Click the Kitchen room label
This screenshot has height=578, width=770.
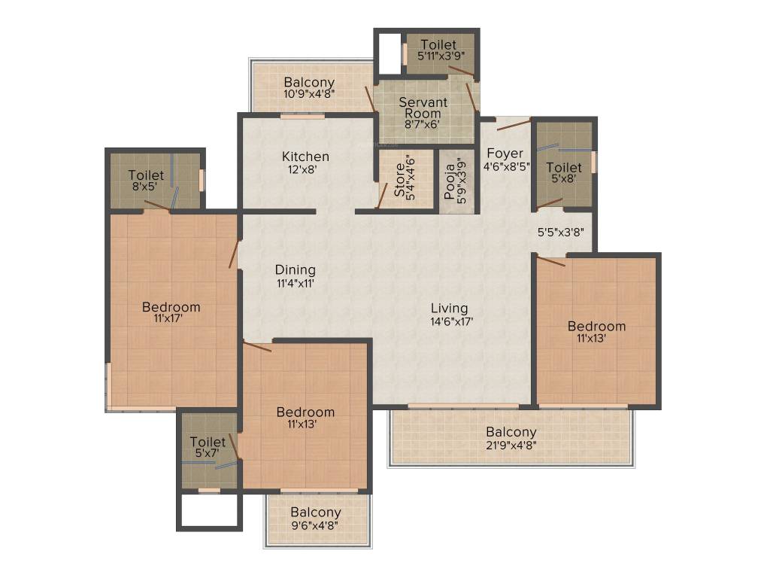point(305,157)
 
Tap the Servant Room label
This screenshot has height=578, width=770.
point(423,108)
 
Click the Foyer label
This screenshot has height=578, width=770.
point(505,154)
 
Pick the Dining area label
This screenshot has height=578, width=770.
point(295,269)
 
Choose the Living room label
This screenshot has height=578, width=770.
point(449,308)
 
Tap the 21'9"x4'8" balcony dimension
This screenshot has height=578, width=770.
point(511,445)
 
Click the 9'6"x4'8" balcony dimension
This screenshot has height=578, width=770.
point(316,525)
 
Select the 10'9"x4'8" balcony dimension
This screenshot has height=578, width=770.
point(309,94)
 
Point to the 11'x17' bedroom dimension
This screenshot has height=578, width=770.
point(171,319)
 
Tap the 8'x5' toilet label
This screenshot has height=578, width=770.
point(146,187)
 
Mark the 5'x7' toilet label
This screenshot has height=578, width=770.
point(208,453)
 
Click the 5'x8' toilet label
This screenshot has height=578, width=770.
point(563,179)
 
